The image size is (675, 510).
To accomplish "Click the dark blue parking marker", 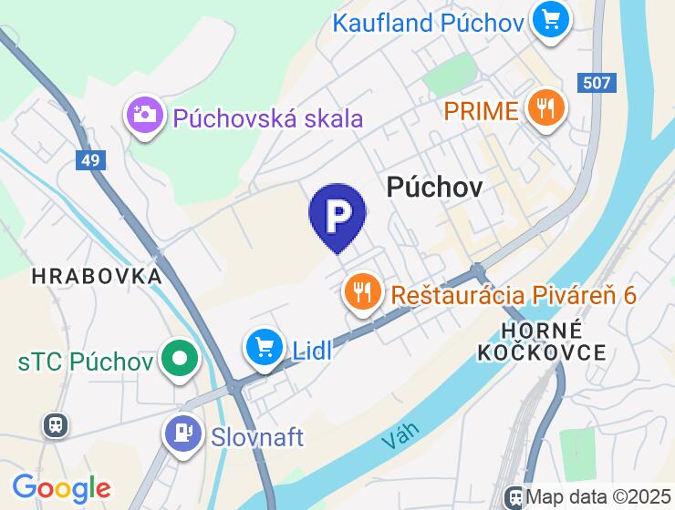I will pos(337,215).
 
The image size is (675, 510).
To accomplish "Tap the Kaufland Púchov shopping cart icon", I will pos(551,18).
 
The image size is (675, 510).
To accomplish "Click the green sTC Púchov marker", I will pos(180,359).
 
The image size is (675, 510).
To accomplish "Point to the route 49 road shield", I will pos(90,161).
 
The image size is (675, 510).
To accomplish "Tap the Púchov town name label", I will pos(433,186).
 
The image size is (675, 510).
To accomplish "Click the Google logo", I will pos(61,488).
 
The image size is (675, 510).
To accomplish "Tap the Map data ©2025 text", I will pos(598,497).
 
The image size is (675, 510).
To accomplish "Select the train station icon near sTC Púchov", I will pos(56,424).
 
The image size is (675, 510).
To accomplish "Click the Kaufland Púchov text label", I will pos(429,22).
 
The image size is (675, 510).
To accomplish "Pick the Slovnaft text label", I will pos(257,437).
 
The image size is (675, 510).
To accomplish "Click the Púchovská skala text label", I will pos(267,118).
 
